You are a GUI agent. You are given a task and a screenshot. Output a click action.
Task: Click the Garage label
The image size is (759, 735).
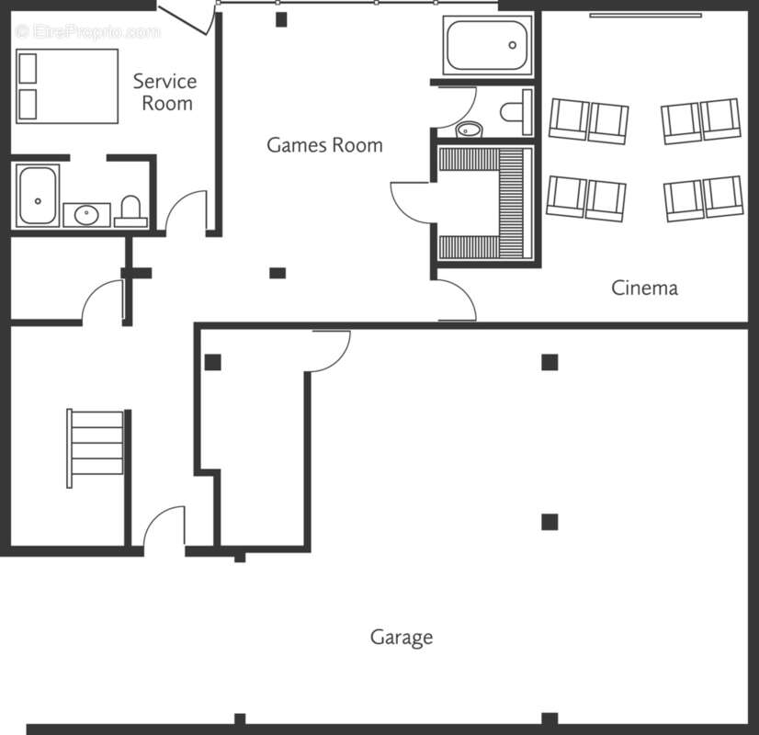[x=402, y=638]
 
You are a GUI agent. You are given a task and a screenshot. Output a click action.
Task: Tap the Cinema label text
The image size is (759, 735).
[x=644, y=288]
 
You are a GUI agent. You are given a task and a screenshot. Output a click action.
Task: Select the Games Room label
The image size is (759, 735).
[x=324, y=145]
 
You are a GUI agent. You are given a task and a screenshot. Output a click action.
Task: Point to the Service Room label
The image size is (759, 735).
[x=165, y=92]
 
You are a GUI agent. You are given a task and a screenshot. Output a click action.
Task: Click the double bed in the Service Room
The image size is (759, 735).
[x=67, y=86]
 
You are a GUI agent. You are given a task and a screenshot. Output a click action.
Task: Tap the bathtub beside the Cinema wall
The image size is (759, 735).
[x=487, y=45]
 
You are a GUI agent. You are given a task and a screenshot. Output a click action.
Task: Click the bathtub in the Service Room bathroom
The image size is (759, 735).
[x=38, y=196]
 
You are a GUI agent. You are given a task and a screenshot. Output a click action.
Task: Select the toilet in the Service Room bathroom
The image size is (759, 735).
[x=130, y=211]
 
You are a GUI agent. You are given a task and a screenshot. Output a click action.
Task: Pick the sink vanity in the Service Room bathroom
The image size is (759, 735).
[x=86, y=215]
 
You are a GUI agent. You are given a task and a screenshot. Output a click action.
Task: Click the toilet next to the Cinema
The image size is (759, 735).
[x=516, y=112]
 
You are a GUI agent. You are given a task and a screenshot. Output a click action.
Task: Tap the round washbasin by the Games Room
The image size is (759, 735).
[x=469, y=130]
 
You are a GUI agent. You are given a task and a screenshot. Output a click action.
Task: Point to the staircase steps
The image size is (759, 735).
[x=96, y=448]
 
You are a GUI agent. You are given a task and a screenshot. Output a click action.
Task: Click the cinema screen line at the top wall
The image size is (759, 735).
[x=645, y=16]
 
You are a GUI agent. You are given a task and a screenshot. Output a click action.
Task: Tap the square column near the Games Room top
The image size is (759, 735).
[x=281, y=19]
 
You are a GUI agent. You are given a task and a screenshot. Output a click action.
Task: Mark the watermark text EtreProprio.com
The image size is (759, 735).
[x=87, y=32]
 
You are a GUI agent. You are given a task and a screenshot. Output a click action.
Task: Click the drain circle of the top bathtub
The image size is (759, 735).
[x=512, y=45]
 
